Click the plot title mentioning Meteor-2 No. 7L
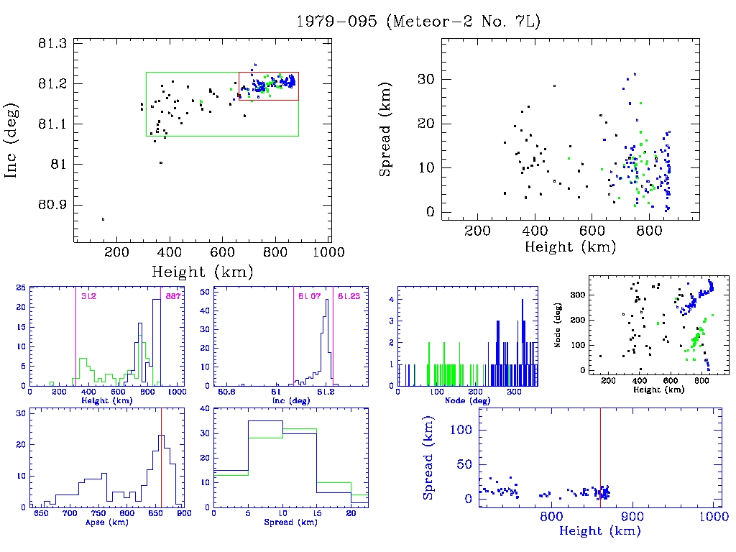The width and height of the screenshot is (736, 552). coord(418,21)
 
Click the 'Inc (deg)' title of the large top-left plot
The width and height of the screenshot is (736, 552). coord(12,140)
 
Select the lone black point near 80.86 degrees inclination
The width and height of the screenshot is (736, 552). coord(103,219)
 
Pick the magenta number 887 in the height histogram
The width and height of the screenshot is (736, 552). coord(173,296)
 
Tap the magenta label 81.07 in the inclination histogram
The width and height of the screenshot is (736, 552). coord(308,296)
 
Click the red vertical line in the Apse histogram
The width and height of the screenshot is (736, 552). coord(162,460)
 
